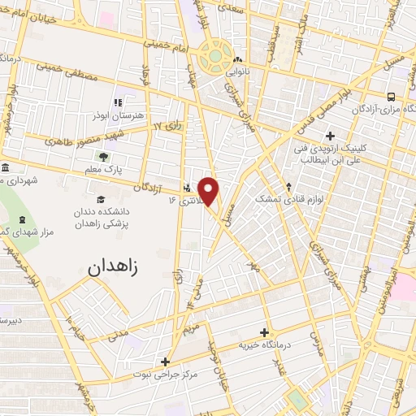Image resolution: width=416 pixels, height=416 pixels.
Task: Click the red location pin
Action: (x=209, y=192)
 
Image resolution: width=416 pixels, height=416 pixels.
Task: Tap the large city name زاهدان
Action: (x=113, y=265)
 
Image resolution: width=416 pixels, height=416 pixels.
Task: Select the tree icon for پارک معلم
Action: (x=103, y=157)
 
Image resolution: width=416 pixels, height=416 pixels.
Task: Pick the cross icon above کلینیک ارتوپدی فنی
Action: (x=329, y=136)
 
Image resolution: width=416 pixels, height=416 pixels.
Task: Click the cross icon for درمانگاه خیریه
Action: (x=264, y=332)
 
